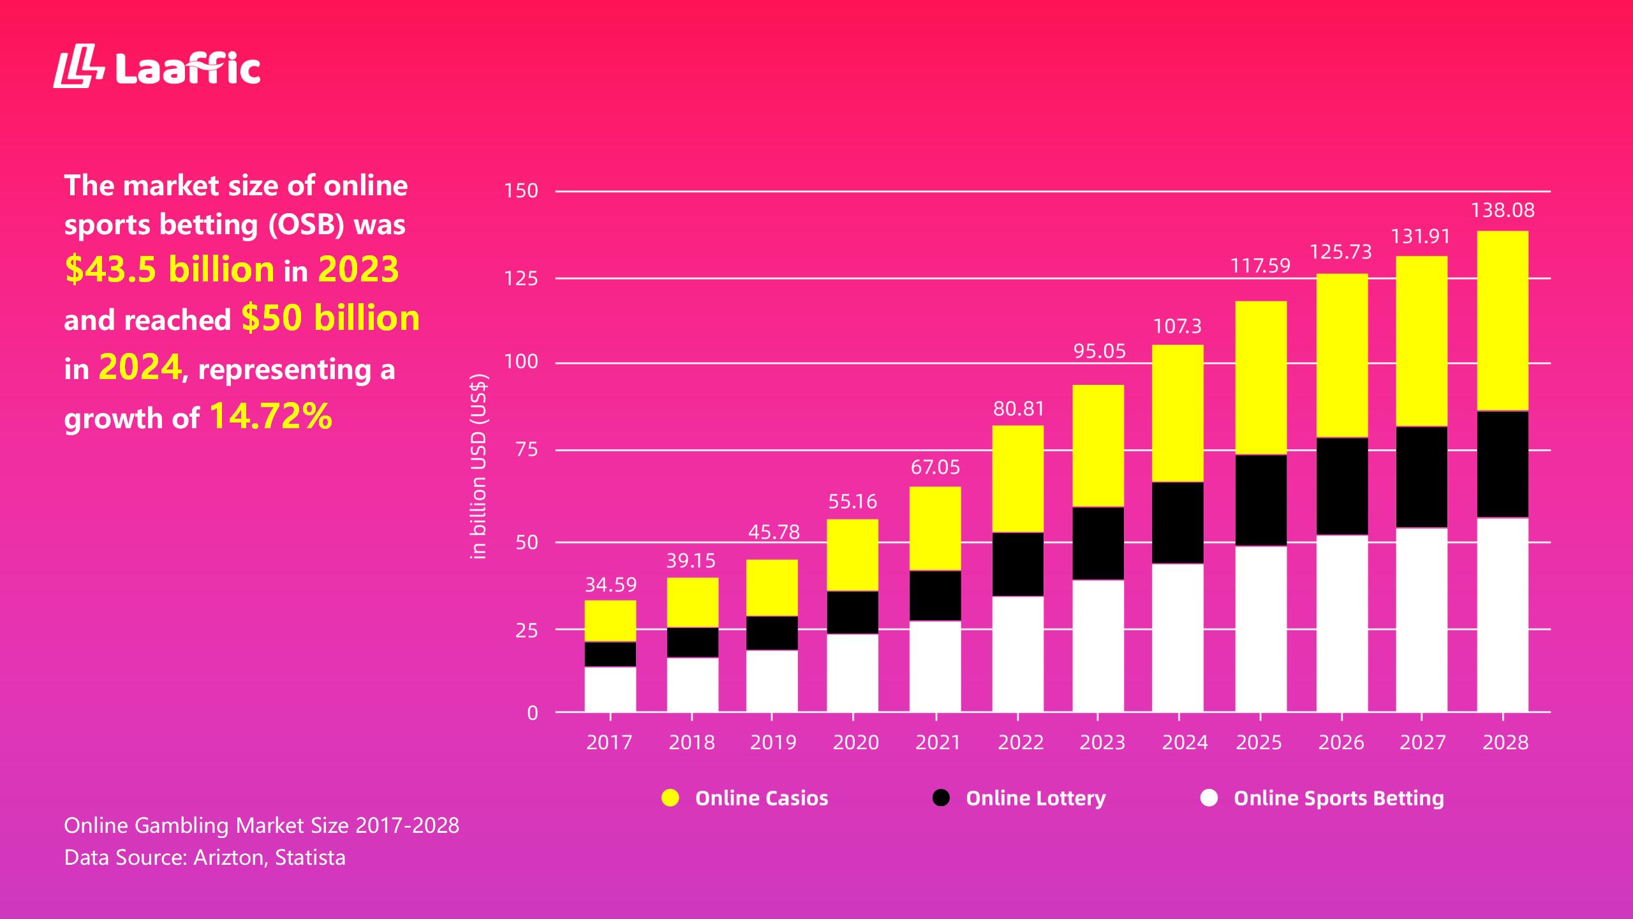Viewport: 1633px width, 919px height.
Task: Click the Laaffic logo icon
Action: pos(78,66)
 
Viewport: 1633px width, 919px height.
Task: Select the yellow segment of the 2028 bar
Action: pos(1502,320)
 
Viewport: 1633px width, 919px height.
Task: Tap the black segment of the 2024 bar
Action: pos(1178,522)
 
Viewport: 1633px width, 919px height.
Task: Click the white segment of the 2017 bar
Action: pos(610,689)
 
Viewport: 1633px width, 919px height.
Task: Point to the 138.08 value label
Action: pos(1502,210)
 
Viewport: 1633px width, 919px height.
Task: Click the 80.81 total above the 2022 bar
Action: pos(1018,408)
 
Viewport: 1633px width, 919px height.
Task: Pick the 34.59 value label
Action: pos(610,585)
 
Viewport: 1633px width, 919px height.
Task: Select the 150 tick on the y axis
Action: pos(521,191)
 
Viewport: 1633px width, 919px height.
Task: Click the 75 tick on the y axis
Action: pos(526,450)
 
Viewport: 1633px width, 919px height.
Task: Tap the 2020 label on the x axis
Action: pos(855,742)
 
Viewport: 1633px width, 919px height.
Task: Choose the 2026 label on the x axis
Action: pos(1341,742)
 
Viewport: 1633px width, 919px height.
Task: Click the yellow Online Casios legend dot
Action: pos(670,798)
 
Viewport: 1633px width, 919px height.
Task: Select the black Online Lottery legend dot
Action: pos(941,798)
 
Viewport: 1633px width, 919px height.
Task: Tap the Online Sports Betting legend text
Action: pos(1338,798)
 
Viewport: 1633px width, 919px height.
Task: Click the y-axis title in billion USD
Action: pos(478,467)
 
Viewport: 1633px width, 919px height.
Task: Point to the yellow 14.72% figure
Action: pos(270,415)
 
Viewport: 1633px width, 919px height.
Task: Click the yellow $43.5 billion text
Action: pos(170,269)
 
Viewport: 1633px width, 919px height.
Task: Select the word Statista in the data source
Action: pos(310,857)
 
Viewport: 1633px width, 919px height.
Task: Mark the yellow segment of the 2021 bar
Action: pos(935,528)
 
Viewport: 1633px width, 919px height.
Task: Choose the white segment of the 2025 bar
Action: pos(1260,629)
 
